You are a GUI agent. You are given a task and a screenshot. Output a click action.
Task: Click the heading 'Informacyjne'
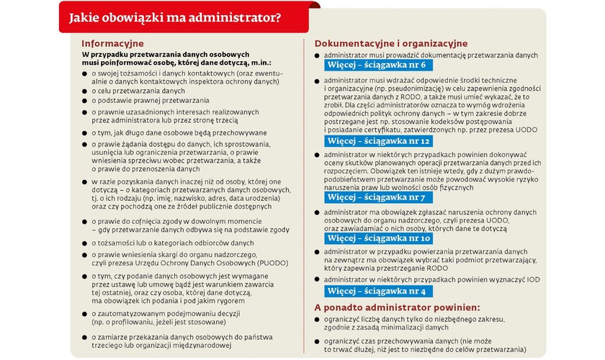[x=113, y=43]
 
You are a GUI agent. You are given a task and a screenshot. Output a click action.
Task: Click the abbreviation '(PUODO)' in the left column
[x=266, y=264]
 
